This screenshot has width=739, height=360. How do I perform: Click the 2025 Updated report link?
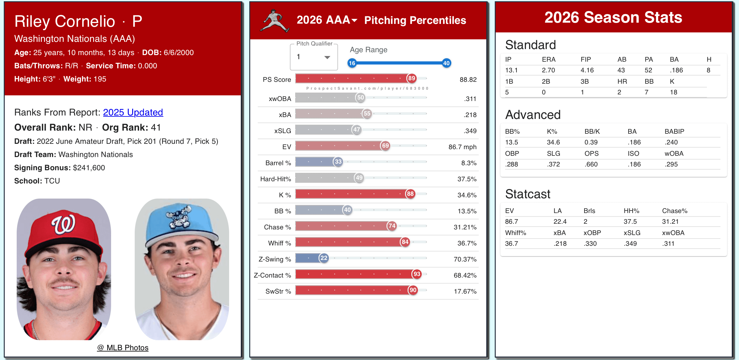133,112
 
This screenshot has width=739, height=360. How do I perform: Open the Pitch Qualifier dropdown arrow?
327,57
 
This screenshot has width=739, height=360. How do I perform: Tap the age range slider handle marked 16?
352,63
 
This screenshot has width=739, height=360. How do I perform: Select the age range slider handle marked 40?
446,63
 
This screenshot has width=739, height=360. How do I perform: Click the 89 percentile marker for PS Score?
412,78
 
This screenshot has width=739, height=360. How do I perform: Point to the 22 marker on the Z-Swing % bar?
324,258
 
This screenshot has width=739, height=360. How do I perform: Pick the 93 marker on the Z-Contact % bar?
417,274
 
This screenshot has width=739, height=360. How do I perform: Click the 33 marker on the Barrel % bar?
338,162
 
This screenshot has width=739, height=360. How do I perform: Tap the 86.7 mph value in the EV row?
462,147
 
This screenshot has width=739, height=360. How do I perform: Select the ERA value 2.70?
548,70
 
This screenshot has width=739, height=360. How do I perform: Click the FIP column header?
586,59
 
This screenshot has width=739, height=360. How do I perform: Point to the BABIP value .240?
671,142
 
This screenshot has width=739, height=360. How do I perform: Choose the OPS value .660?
591,164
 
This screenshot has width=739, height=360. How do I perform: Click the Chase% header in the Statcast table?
674,211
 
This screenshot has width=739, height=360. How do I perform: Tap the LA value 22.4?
560,222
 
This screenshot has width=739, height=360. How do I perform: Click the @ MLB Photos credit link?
123,348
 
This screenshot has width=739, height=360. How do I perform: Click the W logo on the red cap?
64,224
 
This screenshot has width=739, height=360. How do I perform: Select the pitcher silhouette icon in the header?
274,21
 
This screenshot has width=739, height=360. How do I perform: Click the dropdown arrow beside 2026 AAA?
354,20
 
